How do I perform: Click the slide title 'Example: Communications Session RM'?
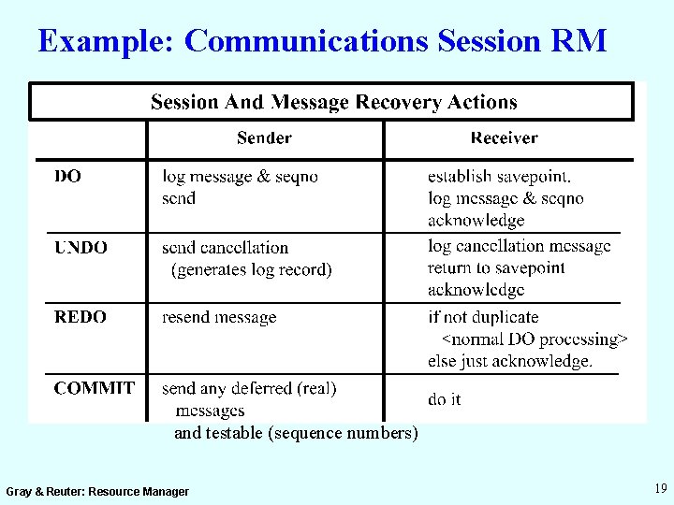(x=323, y=41)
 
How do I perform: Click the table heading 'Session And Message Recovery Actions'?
(x=334, y=102)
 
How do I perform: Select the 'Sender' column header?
(x=264, y=138)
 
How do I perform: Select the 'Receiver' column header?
(x=504, y=138)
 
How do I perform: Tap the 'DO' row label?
(x=67, y=177)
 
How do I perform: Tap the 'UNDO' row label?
(x=81, y=248)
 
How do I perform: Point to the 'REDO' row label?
(x=81, y=317)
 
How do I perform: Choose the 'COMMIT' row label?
(x=94, y=388)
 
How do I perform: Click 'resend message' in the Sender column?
(x=219, y=317)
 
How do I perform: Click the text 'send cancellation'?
(x=225, y=248)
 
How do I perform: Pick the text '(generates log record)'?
(x=251, y=269)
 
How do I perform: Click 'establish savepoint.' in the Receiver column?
(x=499, y=177)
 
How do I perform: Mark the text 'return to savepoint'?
(x=496, y=268)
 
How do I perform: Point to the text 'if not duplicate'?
(x=483, y=317)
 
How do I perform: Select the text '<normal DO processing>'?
(x=535, y=339)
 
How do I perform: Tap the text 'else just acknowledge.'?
(x=510, y=360)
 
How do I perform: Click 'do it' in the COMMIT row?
(x=445, y=399)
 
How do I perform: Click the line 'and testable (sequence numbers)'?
(x=296, y=433)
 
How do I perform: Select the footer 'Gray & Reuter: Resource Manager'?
(x=97, y=491)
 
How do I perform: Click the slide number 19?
(x=661, y=488)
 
